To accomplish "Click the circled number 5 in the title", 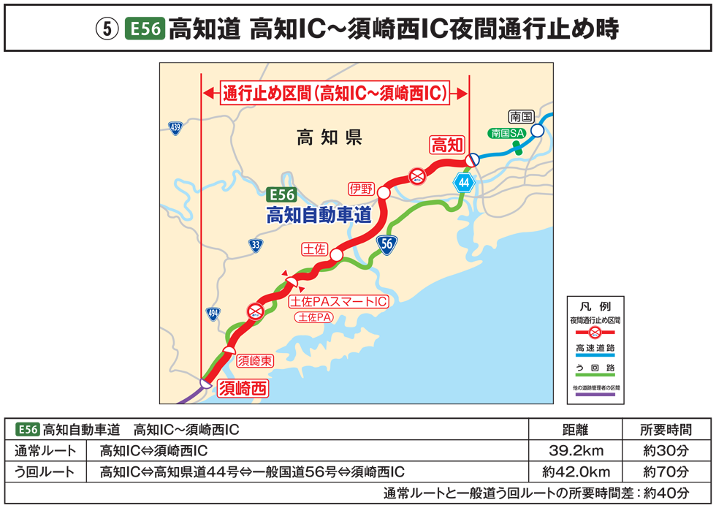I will click(x=106, y=30).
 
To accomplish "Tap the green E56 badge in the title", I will click(x=144, y=30).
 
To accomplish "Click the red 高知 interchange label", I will click(x=447, y=145).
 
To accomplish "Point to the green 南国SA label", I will click(x=508, y=133).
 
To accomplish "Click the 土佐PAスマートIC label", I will click(x=338, y=301).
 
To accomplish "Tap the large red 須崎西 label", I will click(x=243, y=387).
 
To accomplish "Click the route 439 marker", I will click(x=175, y=128).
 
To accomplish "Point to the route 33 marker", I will click(x=255, y=246).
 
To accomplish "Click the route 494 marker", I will click(x=213, y=314).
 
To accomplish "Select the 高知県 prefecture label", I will click(x=330, y=137).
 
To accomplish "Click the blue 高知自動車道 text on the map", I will click(x=319, y=215).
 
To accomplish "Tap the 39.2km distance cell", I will click(x=576, y=450).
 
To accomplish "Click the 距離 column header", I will click(x=576, y=430).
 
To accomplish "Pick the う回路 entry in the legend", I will click(x=596, y=366).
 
